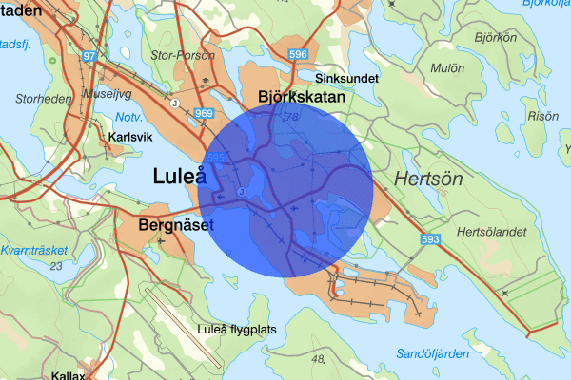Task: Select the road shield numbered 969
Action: point(203,114)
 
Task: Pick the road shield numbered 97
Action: point(90,57)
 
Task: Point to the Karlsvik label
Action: point(131,137)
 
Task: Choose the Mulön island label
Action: point(446,68)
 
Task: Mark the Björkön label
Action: point(495,38)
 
